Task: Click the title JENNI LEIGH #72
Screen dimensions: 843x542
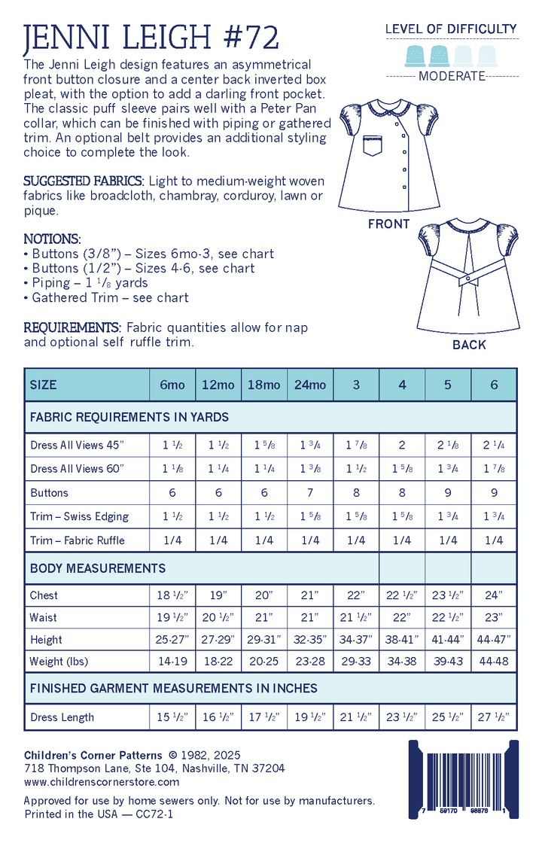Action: click(x=151, y=37)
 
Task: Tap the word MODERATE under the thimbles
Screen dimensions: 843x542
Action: click(x=452, y=76)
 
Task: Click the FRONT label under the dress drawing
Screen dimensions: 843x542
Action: click(x=388, y=224)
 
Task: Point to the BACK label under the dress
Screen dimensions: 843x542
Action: click(x=469, y=345)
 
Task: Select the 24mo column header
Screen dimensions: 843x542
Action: click(x=310, y=385)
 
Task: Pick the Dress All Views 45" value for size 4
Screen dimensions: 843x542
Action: click(x=402, y=445)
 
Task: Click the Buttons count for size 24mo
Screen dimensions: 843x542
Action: click(x=310, y=493)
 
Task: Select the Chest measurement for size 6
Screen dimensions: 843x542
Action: click(x=494, y=595)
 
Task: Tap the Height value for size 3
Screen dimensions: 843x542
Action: click(x=356, y=640)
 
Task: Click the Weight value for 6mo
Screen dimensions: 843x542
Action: click(x=172, y=662)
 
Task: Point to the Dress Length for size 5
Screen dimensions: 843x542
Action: click(x=448, y=717)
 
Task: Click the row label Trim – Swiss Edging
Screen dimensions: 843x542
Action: click(x=79, y=516)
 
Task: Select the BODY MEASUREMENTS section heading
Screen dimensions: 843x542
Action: click(x=98, y=568)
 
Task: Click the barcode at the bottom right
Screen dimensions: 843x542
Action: click(x=462, y=779)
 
